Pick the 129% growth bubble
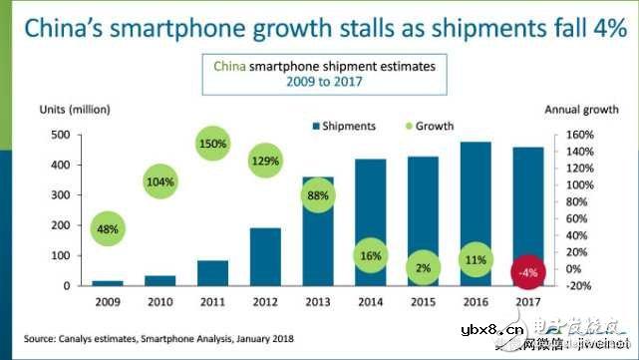point(265,161)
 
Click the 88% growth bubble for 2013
point(318,195)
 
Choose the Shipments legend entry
point(345,127)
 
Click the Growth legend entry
point(428,127)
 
